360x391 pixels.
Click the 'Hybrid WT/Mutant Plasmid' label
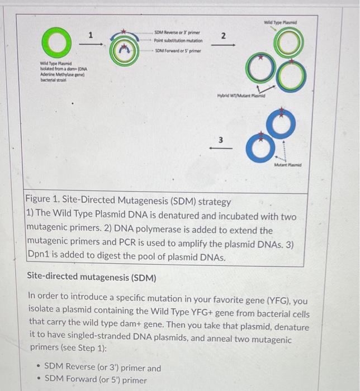pyautogui.click(x=240, y=96)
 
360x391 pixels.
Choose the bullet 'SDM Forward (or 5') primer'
pyautogui.click(x=95, y=380)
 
